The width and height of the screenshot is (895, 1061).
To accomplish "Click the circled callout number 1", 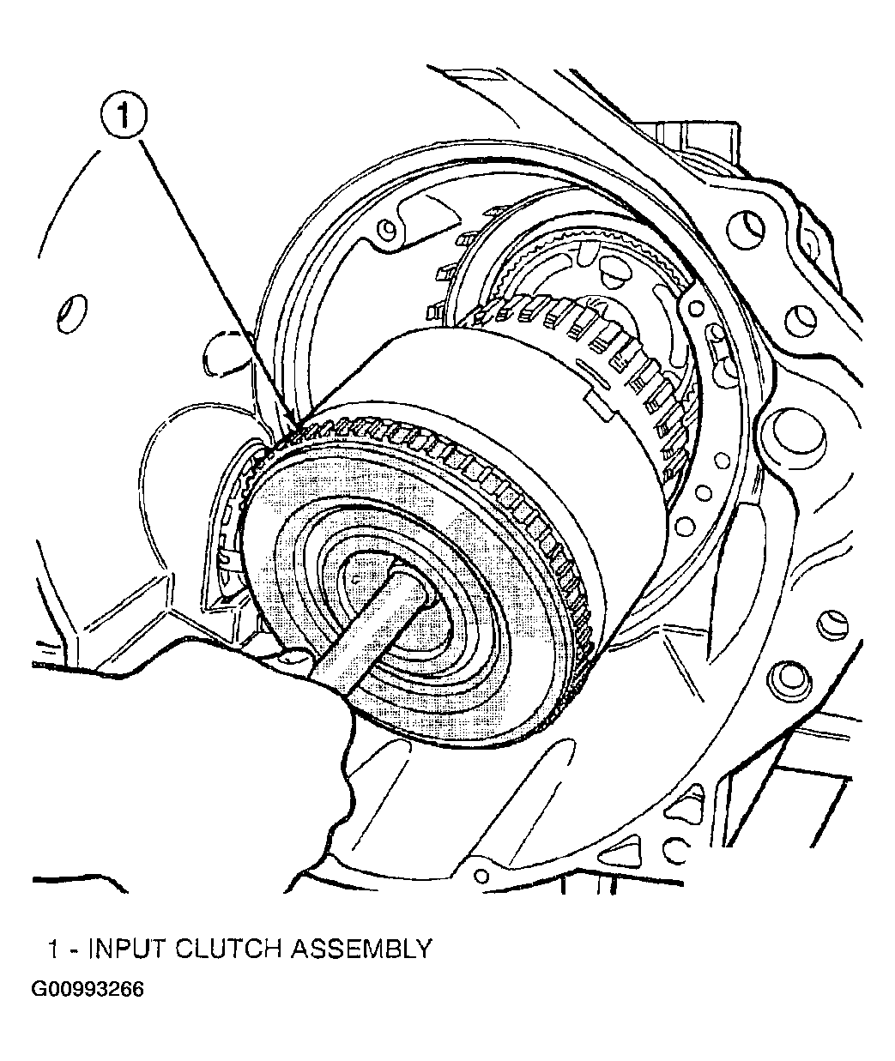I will pos(125,118).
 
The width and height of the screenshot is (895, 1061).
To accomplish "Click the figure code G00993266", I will pos(88,989).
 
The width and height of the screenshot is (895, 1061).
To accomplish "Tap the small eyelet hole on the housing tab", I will pos(389,229).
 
